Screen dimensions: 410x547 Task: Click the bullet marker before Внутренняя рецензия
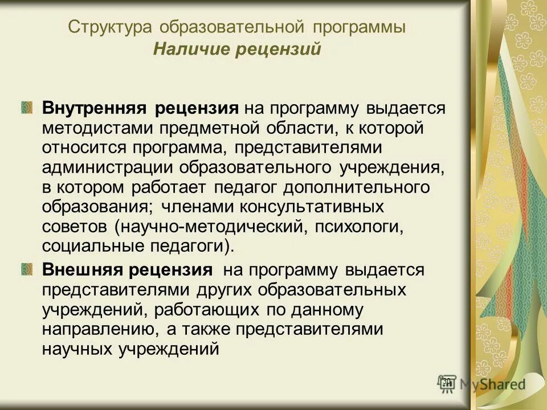click(x=27, y=108)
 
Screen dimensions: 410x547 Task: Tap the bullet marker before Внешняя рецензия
click(x=27, y=269)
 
